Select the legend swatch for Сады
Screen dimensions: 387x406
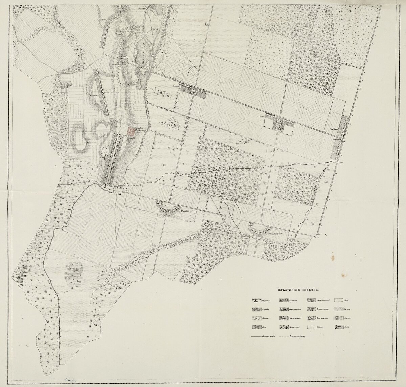(x=256, y=327)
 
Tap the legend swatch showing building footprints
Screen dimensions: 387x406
(x=256, y=300)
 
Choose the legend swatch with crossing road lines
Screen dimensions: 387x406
(x=256, y=318)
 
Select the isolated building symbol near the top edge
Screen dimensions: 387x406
(x=206, y=23)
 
